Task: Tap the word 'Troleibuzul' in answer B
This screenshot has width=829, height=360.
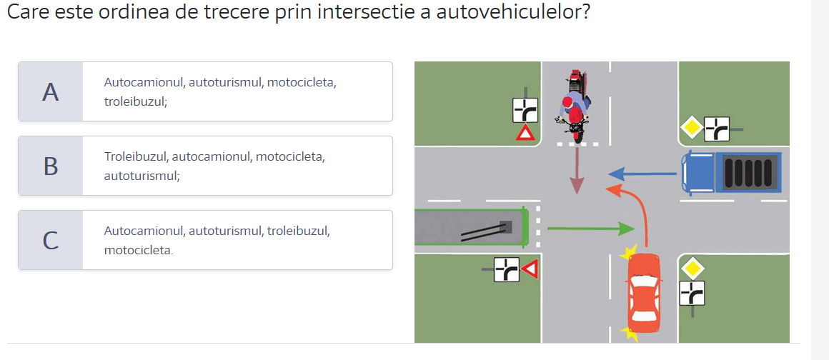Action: tap(136, 157)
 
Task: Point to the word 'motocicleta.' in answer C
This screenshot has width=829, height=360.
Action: tap(139, 249)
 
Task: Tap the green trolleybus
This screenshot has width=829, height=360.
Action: tap(472, 226)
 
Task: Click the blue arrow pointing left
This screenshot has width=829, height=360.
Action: tap(642, 174)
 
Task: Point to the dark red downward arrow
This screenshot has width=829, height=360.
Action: tap(576, 170)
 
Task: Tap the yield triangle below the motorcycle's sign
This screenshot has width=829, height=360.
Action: tap(526, 133)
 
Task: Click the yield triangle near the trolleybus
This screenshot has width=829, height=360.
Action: tap(531, 269)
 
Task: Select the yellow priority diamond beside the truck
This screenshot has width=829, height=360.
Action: tap(690, 128)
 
